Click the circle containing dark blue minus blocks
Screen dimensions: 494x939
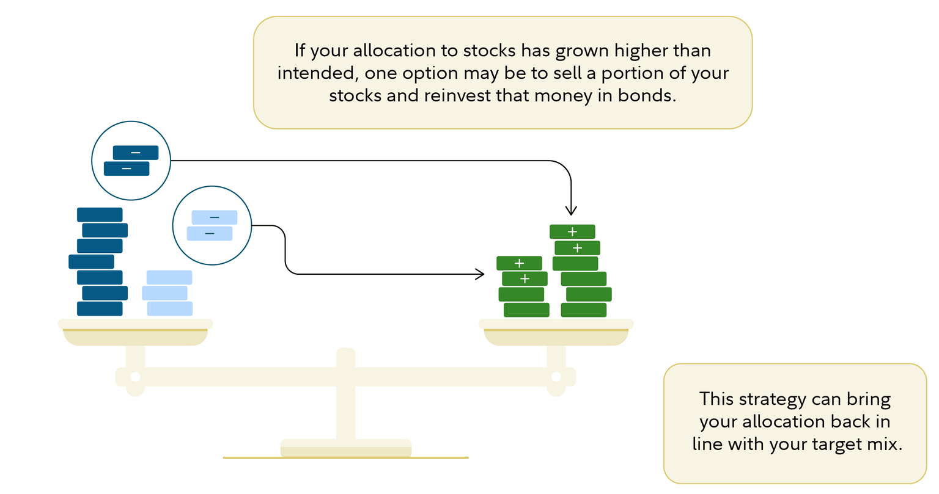(131, 161)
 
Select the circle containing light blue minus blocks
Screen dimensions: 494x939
(212, 225)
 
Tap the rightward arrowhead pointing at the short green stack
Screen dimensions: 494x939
(480, 274)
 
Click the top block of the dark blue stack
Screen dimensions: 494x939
(100, 215)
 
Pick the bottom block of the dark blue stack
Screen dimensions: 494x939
(100, 309)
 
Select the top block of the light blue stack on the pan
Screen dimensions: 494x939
(169, 278)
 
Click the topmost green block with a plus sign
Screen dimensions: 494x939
(572, 232)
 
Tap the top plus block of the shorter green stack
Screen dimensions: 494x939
(519, 263)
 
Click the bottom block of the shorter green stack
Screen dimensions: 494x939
(526, 310)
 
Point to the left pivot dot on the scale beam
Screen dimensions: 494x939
(135, 377)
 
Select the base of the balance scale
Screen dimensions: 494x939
(345, 449)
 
